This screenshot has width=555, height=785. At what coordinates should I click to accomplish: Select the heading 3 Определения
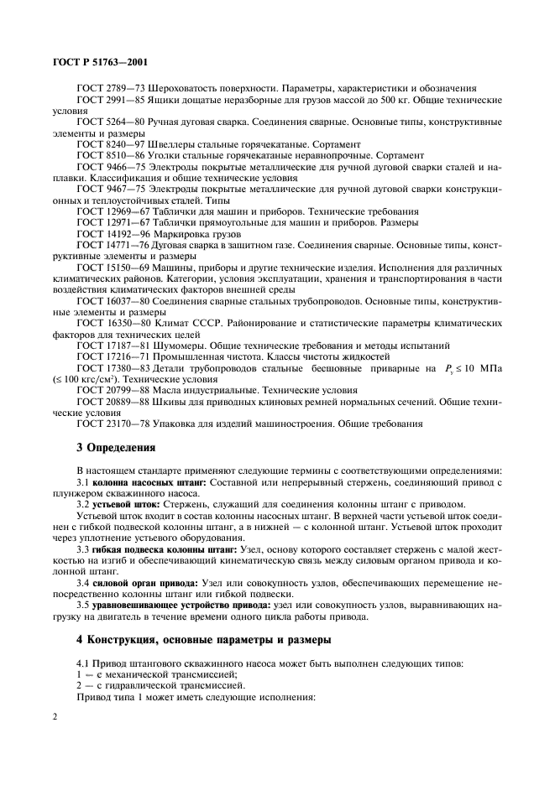click(x=118, y=447)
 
